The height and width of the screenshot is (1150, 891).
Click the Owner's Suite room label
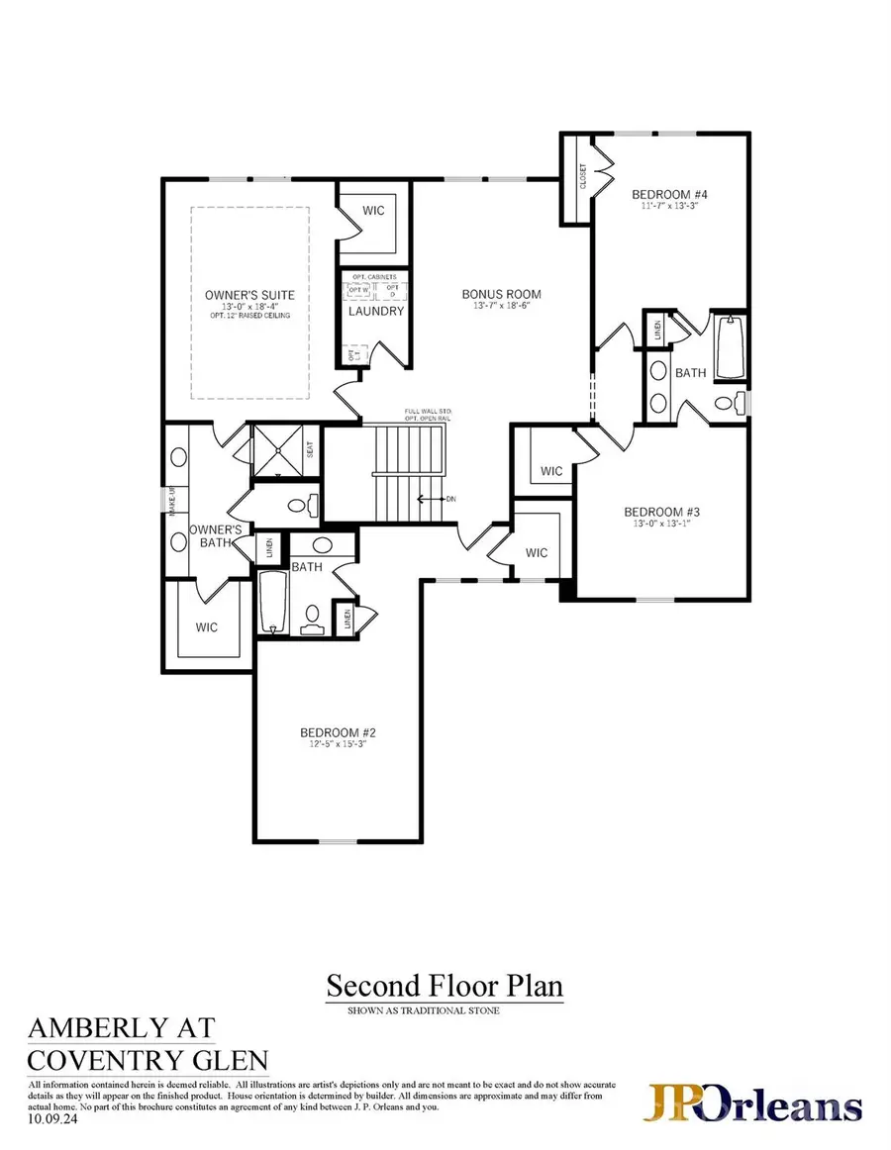point(249,295)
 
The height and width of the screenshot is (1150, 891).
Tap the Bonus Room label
point(502,294)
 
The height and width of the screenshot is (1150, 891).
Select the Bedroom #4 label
point(669,194)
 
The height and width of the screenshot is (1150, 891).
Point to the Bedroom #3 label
point(662,512)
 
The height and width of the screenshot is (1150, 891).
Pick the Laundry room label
point(376,311)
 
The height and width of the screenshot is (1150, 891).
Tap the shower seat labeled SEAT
point(310,449)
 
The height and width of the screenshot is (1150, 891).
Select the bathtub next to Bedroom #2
point(271,603)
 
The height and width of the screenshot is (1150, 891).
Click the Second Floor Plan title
point(445,986)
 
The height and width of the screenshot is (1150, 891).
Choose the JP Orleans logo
point(755,1104)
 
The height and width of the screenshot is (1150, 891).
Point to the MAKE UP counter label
point(172,501)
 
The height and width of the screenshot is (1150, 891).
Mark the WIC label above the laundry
point(373,211)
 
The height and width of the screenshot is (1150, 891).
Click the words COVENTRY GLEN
point(148,1061)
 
